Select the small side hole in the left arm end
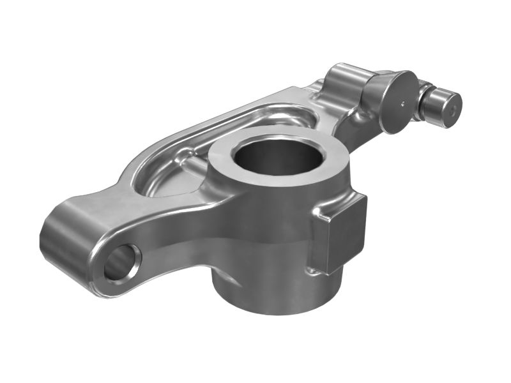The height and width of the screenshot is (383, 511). (x=121, y=262)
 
